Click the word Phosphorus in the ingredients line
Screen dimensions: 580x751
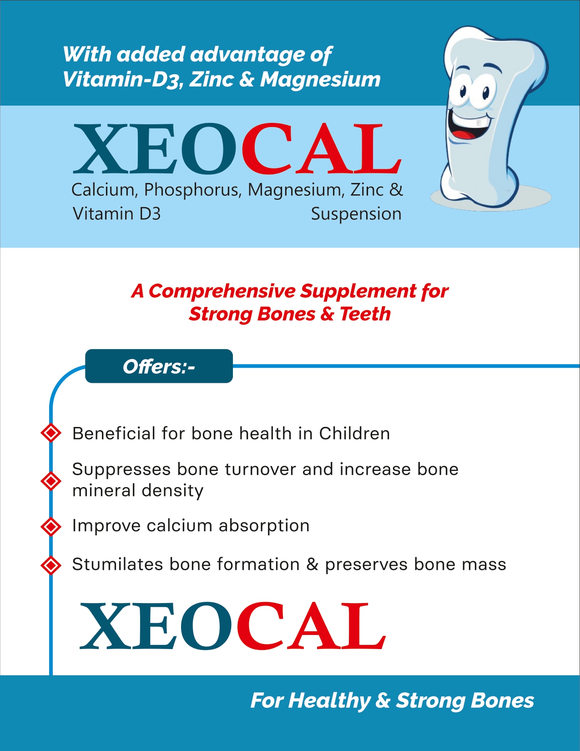192,190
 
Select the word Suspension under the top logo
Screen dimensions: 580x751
356,214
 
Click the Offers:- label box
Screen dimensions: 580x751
159,366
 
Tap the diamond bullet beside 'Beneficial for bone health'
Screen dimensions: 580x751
51,433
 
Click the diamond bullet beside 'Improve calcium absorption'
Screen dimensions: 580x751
51,527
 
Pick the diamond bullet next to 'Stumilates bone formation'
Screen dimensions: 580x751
51,565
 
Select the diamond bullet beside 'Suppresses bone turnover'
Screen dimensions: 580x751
51,481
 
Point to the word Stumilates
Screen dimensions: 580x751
117,564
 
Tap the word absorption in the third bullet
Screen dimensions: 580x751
264,526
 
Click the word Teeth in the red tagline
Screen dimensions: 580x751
365,314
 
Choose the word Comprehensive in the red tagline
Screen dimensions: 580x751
222,291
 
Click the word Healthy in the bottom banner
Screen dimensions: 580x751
329,701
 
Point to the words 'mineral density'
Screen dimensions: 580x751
138,491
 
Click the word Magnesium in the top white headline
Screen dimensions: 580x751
320,80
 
